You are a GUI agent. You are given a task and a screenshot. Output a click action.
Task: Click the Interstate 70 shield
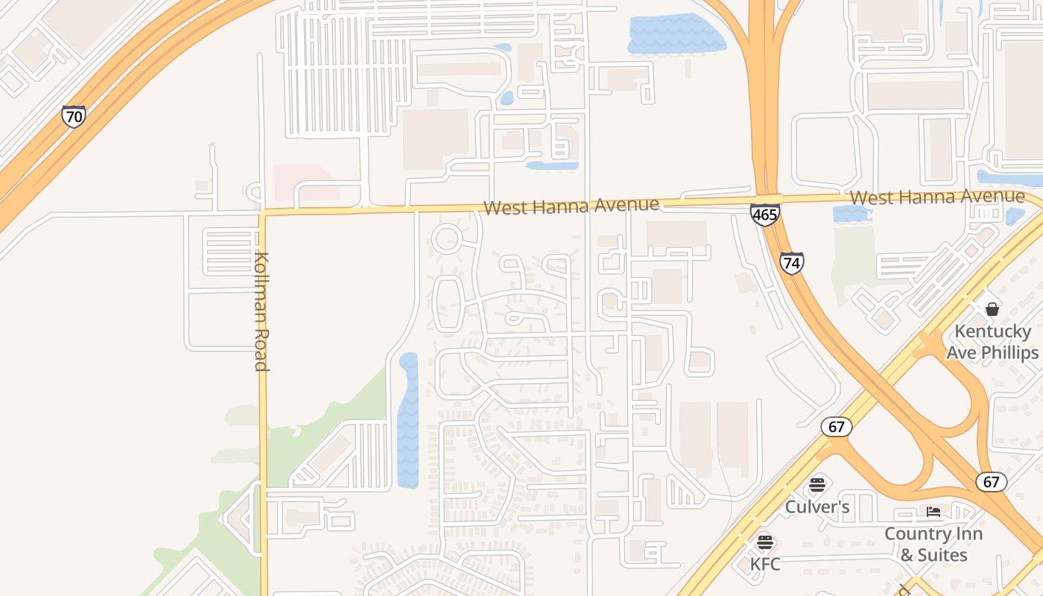[73, 116]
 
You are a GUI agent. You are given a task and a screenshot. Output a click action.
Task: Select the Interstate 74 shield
[792, 262]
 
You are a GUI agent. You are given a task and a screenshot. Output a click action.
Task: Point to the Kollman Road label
[261, 311]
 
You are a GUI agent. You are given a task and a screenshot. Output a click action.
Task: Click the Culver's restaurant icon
[817, 485]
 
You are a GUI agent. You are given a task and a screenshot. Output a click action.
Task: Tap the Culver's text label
[817, 507]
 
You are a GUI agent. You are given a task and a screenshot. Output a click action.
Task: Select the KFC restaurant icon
[765, 542]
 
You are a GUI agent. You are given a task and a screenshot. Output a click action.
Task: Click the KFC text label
[765, 564]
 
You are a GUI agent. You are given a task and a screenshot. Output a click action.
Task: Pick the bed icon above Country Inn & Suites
[933, 512]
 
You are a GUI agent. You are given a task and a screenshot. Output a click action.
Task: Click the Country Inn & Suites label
[933, 545]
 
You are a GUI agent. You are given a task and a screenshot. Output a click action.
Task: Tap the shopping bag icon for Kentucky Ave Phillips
[992, 308]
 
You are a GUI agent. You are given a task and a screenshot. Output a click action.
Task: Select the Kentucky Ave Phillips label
[992, 342]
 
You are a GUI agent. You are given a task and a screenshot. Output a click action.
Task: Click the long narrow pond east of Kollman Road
[408, 421]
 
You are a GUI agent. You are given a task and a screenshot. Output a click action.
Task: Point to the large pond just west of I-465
[675, 34]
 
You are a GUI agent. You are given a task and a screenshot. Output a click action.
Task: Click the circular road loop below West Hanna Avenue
[446, 239]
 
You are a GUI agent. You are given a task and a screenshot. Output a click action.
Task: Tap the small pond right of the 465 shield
[850, 215]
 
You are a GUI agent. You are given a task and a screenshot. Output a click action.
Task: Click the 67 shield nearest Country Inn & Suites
[991, 481]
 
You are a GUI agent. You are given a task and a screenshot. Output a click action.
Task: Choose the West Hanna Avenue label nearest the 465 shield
[936, 197]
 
